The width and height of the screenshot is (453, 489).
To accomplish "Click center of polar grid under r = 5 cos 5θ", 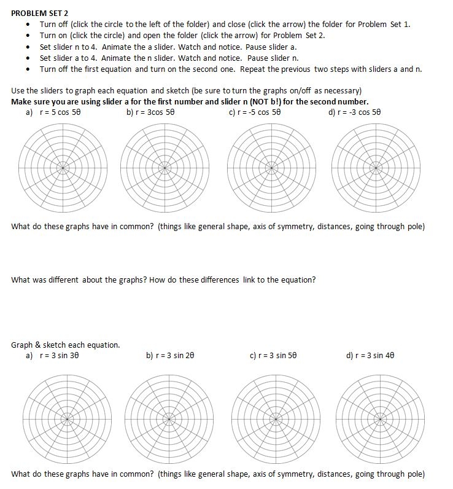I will point(63,166).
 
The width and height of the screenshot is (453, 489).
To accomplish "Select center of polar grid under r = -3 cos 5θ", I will point(375,166).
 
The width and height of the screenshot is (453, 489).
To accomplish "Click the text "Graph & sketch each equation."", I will point(65,345).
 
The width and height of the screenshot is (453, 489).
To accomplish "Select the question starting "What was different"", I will point(163,280).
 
